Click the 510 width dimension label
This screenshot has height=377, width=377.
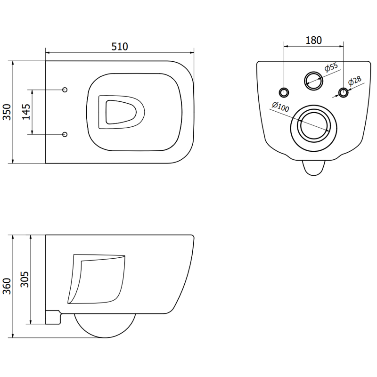(x=120, y=46)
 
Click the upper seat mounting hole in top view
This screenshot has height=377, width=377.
(x=65, y=89)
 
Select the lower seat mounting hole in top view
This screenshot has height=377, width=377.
(x=65, y=134)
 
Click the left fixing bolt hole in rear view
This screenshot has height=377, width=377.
(x=284, y=91)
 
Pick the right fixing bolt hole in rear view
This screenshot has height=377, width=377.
(x=344, y=91)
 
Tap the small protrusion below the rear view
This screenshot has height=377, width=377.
(x=313, y=167)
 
